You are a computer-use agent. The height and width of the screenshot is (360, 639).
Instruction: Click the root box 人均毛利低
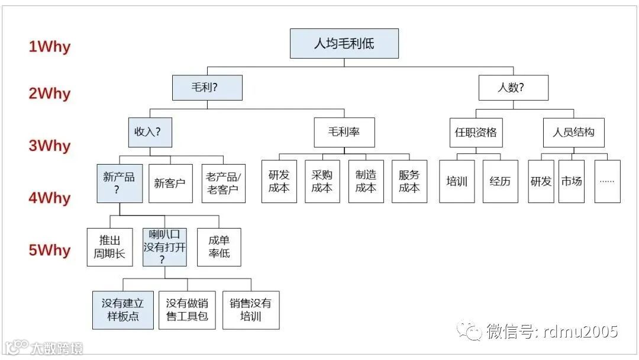(x=344, y=43)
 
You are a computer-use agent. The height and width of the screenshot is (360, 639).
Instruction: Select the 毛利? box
(x=207, y=88)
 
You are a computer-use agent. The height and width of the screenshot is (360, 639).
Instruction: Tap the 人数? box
(x=513, y=88)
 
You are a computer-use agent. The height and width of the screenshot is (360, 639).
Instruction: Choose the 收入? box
(x=150, y=132)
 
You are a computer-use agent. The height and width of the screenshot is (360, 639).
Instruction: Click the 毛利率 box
(x=344, y=132)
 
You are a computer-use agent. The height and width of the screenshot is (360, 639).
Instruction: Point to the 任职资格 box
(x=476, y=132)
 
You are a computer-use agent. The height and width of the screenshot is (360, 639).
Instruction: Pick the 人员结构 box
(x=573, y=132)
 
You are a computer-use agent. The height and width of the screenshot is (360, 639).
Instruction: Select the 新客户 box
(x=170, y=183)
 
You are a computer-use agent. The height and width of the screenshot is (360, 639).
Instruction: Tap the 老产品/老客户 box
(x=223, y=183)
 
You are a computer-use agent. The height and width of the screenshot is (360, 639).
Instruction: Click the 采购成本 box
(x=322, y=181)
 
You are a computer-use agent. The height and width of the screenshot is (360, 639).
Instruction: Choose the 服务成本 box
(x=409, y=181)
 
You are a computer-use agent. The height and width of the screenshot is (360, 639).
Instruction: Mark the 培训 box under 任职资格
(x=457, y=181)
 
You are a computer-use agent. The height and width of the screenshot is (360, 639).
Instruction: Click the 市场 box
(x=571, y=181)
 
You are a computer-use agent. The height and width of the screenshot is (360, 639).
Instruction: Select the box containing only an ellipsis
(x=607, y=181)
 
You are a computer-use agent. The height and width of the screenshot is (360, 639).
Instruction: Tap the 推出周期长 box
(x=109, y=247)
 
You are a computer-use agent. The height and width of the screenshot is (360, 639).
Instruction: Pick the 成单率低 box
(x=219, y=247)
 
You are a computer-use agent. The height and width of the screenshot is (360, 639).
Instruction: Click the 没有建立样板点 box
(x=122, y=310)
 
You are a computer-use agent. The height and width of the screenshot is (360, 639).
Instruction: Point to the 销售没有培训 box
(x=251, y=310)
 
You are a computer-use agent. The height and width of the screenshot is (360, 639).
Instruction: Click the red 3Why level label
(x=49, y=146)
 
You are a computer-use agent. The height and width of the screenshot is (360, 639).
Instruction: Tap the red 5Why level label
(x=49, y=250)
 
